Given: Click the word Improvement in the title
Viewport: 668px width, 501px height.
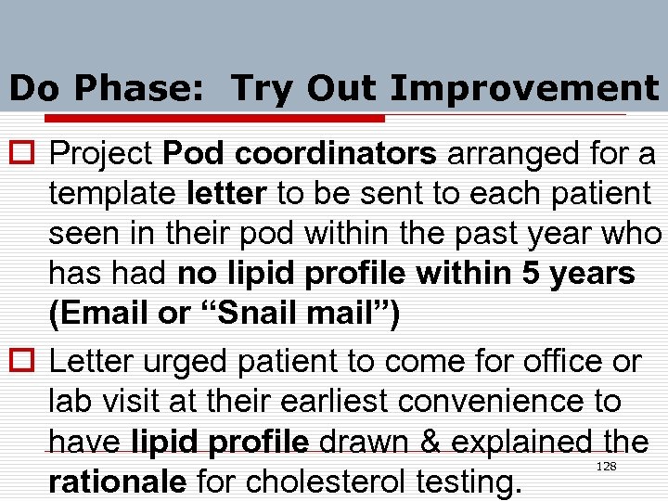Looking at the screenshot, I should pos(524,89).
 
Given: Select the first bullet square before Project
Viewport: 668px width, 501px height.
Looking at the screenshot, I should pos(19,154).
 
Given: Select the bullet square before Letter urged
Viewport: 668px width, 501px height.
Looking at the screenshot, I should pos(19,362).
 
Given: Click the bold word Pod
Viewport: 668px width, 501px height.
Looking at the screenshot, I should pos(187,153).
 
